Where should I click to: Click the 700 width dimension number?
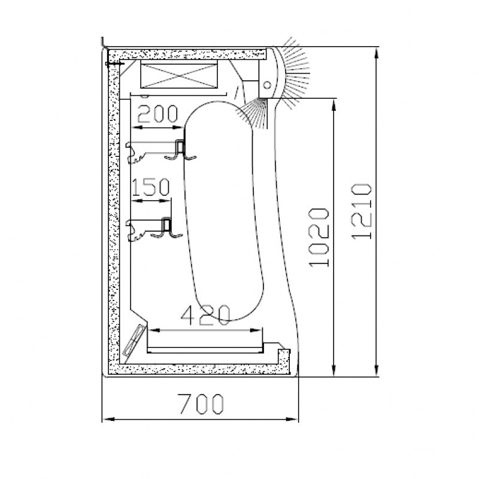(x=201, y=404)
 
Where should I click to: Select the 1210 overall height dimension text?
(x=362, y=211)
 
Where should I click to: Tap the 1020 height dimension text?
(x=319, y=237)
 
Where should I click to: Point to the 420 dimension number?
(x=205, y=316)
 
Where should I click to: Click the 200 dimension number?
(x=157, y=114)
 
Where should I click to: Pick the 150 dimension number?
(x=151, y=187)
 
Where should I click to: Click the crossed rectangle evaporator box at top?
(x=179, y=75)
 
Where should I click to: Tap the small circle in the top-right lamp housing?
(x=267, y=84)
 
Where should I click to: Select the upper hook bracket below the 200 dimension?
(x=161, y=151)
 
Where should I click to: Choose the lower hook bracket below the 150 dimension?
(x=154, y=229)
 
